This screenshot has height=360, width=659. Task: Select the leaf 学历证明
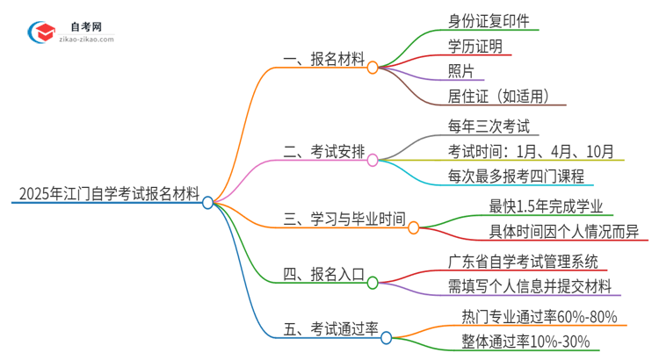click(474, 47)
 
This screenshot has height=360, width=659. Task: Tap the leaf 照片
click(461, 72)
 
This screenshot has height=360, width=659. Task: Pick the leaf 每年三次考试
click(488, 125)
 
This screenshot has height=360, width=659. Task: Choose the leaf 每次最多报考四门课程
click(516, 176)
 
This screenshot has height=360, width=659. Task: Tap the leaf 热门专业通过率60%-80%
click(539, 315)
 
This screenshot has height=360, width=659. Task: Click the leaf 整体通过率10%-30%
click(525, 342)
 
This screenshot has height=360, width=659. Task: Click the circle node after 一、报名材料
click(373, 67)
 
